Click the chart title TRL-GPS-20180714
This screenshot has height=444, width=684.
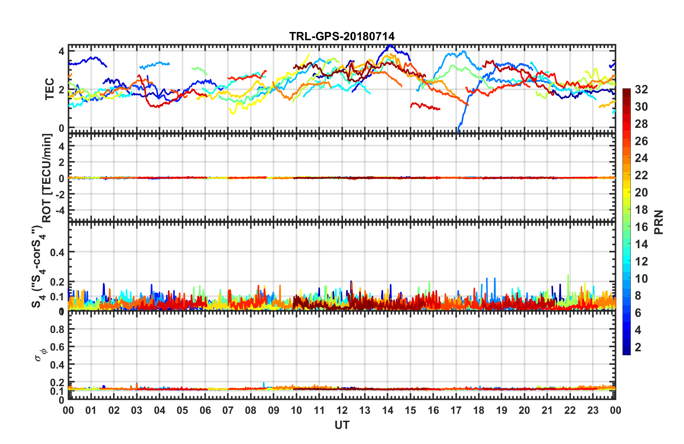(x=342, y=36)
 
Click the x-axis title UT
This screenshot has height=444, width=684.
(x=342, y=425)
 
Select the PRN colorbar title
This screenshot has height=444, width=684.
(x=659, y=222)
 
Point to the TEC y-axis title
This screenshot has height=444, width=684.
(x=49, y=89)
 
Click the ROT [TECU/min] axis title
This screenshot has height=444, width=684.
(x=47, y=178)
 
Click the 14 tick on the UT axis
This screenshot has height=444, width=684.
(x=387, y=410)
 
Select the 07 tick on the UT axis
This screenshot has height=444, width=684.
(x=228, y=410)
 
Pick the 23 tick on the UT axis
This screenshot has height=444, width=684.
(x=593, y=410)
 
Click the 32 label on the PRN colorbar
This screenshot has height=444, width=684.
(x=641, y=89)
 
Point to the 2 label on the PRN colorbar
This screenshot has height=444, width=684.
(x=638, y=347)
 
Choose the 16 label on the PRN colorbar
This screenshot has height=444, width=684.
(x=641, y=227)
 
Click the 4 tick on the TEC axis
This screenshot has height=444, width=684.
(x=61, y=51)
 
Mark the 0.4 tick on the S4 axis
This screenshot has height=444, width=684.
(x=57, y=252)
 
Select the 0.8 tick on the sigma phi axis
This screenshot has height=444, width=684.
(x=57, y=329)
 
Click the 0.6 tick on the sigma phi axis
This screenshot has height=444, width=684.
(x=57, y=347)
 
